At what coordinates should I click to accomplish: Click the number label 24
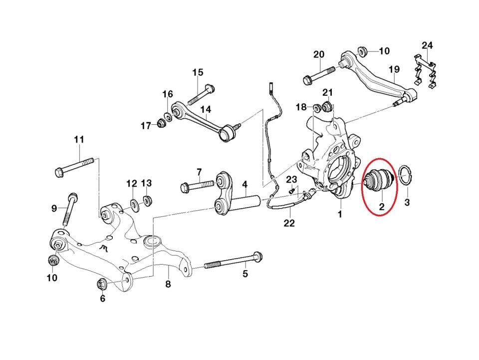[427, 46]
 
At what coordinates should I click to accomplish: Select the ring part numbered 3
[406, 177]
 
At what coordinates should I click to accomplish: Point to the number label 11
[79, 140]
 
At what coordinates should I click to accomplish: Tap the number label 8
[168, 285]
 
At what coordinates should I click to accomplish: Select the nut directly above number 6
[102, 285]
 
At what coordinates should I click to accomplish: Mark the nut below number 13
[147, 201]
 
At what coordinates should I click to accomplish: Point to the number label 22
[289, 223]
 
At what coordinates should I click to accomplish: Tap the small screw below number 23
[292, 190]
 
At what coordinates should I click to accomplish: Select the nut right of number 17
[162, 123]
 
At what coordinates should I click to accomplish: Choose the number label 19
[394, 68]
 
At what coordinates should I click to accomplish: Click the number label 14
[206, 109]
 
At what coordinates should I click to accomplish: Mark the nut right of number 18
[316, 107]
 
